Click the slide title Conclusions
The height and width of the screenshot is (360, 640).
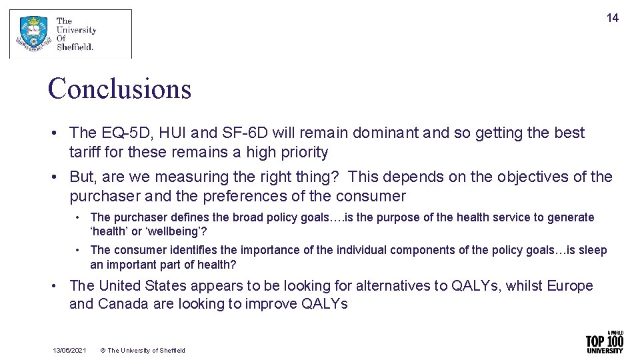[x=119, y=89]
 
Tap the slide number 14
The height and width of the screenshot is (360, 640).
[x=612, y=19]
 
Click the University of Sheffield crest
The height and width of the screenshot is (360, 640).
[x=33, y=34]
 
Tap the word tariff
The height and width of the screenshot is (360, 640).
[x=85, y=153]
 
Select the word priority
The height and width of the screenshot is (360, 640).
[x=303, y=153]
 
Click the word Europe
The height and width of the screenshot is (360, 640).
[x=569, y=286]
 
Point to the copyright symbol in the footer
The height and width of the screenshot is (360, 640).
[x=103, y=351]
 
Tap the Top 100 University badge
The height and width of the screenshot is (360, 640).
[x=604, y=343]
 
